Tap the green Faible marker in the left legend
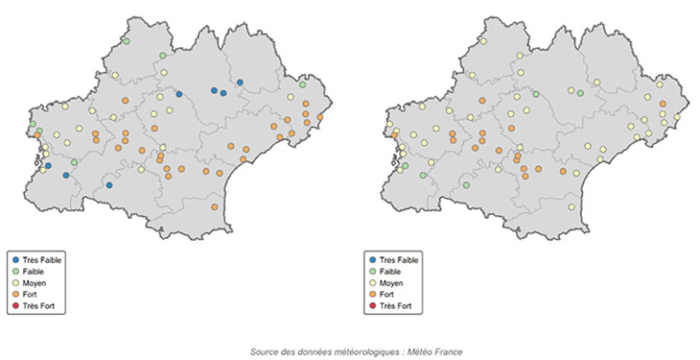(15, 270)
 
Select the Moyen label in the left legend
(35, 282)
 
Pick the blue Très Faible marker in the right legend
(371, 258)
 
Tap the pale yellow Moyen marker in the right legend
(371, 282)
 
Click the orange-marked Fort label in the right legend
(387, 294)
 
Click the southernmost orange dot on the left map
(214, 206)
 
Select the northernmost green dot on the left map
(126, 41)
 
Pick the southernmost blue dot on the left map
(109, 185)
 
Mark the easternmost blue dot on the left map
(240, 83)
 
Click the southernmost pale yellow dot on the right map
(571, 206)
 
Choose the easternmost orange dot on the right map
(662, 104)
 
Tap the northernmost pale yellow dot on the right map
(483, 41)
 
